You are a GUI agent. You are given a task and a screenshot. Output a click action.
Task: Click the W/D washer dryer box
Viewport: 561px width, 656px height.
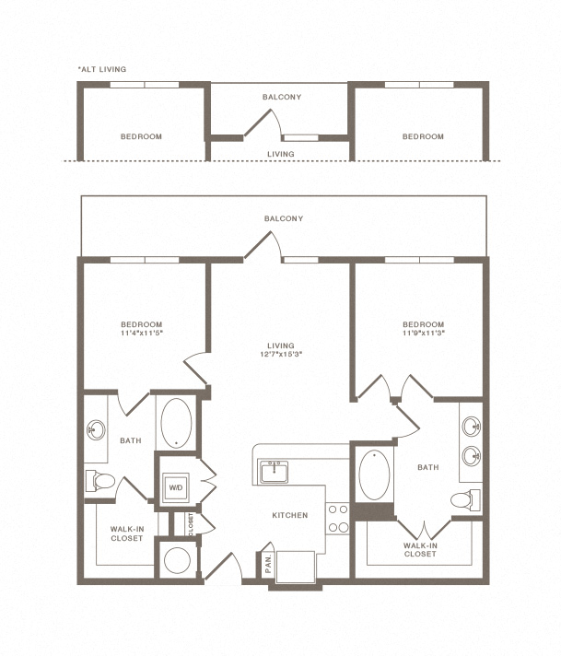(x=176, y=487)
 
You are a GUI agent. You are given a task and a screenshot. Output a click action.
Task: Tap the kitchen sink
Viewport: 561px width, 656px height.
(x=274, y=472)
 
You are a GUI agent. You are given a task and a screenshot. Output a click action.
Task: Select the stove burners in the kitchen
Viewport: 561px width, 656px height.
(x=338, y=519)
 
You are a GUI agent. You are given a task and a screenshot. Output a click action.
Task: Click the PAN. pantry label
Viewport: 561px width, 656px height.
(x=268, y=564)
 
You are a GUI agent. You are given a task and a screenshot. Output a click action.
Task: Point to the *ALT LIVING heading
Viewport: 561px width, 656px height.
(x=102, y=69)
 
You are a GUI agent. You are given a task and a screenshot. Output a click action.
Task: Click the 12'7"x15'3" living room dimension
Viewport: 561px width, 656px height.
(x=281, y=354)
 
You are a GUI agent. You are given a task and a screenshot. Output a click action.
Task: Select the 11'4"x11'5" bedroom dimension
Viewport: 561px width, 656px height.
(x=141, y=333)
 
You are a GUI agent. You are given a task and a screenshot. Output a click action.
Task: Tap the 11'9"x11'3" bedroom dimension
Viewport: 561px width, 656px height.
(x=423, y=333)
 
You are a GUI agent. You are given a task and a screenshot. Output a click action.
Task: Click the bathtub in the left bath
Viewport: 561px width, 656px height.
(x=176, y=423)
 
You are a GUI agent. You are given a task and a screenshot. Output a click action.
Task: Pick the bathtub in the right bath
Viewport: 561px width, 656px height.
(x=374, y=475)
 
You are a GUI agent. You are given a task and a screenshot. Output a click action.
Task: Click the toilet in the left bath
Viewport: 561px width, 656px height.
(x=100, y=481)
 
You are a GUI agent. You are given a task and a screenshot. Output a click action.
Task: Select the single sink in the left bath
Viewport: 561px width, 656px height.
(x=96, y=430)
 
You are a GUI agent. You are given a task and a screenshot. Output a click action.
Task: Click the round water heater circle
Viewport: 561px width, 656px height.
(x=178, y=560)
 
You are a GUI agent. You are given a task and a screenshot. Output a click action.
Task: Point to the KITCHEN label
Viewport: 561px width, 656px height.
(x=290, y=515)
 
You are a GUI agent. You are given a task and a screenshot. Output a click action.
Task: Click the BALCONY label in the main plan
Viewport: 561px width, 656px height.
(x=284, y=218)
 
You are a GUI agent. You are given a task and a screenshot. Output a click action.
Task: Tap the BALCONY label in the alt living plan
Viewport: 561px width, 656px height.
(x=282, y=97)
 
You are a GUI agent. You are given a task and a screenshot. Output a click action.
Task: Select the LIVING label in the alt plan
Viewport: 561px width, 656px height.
(x=281, y=154)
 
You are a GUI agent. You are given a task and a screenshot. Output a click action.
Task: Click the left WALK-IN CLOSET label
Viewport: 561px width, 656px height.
(x=127, y=533)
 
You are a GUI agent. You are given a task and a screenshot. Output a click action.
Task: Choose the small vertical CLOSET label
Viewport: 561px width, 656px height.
(x=192, y=524)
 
